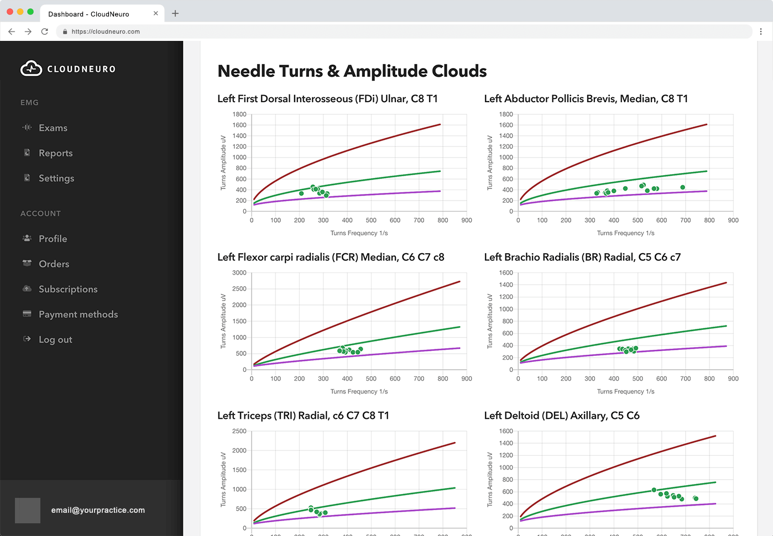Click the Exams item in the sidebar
click(x=53, y=128)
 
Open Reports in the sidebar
click(x=55, y=153)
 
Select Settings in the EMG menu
click(x=56, y=178)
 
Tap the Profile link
click(x=53, y=239)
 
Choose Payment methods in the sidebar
click(x=78, y=314)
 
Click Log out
click(x=55, y=339)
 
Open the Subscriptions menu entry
click(x=67, y=289)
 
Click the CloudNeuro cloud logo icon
click(x=31, y=69)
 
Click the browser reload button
click(x=44, y=31)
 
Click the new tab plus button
click(x=175, y=13)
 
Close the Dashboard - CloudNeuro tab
click(x=155, y=13)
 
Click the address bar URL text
click(x=106, y=31)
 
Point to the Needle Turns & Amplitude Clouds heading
click(x=352, y=71)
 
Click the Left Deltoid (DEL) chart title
click(x=561, y=416)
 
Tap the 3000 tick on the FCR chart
click(x=239, y=273)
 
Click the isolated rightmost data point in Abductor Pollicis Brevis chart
click(x=683, y=187)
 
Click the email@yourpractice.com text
click(x=98, y=510)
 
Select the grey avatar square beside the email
click(x=28, y=510)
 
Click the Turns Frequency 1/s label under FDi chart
click(x=359, y=233)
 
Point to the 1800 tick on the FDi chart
click(x=239, y=114)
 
